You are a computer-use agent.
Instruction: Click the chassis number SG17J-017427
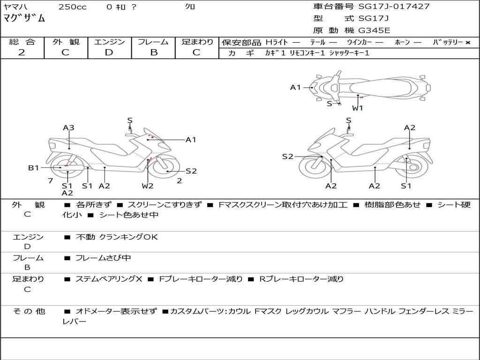pyautogui.click(x=394, y=7)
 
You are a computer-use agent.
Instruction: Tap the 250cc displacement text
pyautogui.click(x=73, y=7)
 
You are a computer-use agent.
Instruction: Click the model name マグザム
pyautogui.click(x=24, y=18)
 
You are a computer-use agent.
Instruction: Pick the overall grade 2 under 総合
pyautogui.click(x=22, y=52)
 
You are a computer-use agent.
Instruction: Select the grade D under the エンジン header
pyautogui.click(x=109, y=52)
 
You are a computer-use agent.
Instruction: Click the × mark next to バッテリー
pyautogui.click(x=467, y=43)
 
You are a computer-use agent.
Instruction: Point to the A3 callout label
pyautogui.click(x=68, y=127)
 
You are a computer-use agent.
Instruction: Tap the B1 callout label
pyautogui.click(x=34, y=168)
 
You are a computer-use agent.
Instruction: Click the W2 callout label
pyautogui.click(x=148, y=186)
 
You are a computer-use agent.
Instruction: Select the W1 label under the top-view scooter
pyautogui.click(x=358, y=108)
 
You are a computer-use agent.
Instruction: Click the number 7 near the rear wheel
pyautogui.click(x=51, y=180)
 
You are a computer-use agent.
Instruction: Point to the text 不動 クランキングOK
pyautogui.click(x=117, y=237)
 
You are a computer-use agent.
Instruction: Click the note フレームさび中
pyautogui.click(x=103, y=258)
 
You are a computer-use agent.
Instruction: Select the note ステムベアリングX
pyautogui.click(x=109, y=279)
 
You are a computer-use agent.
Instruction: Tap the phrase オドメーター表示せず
pyautogui.click(x=116, y=311)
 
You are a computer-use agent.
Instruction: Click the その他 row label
pyautogui.click(x=29, y=311)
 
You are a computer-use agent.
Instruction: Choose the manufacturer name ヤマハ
pyautogui.click(x=15, y=7)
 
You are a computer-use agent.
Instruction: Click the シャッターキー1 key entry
pyautogui.click(x=349, y=53)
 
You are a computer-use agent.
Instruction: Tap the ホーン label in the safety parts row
pyautogui.click(x=402, y=42)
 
